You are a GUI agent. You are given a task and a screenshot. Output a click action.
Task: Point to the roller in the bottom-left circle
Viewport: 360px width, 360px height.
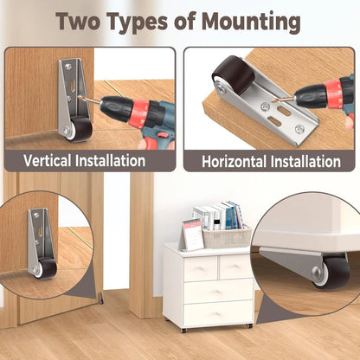(x=46, y=268)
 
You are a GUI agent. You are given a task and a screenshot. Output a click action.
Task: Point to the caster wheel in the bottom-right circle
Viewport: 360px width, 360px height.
(x=331, y=271)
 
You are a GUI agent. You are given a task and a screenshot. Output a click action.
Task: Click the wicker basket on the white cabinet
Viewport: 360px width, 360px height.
(x=227, y=237)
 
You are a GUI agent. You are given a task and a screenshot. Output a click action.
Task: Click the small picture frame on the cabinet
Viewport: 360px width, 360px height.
(x=192, y=234)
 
